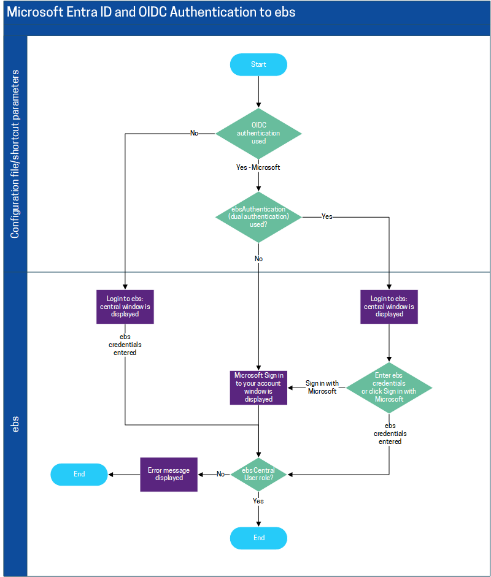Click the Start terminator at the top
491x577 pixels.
(258, 64)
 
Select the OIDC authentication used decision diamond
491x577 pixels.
(258, 133)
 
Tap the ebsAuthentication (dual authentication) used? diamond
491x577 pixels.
(258, 216)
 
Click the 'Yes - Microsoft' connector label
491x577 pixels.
(258, 167)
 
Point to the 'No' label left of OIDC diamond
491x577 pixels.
(194, 133)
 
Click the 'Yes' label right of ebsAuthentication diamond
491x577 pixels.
(327, 216)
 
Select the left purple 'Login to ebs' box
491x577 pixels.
(125, 307)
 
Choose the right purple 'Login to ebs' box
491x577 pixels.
(389, 307)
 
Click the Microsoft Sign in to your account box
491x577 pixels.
(258, 388)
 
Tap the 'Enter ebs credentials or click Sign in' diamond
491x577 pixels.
(389, 388)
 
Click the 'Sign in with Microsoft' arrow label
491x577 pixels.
(322, 388)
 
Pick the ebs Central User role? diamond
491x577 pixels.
(258, 474)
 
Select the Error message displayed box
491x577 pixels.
(169, 474)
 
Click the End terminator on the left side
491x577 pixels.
(79, 474)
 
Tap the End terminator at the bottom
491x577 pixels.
(258, 538)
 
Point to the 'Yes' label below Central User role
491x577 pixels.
(258, 501)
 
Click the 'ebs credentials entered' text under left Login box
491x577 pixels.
(125, 345)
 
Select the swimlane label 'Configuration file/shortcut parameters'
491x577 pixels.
(15, 153)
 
